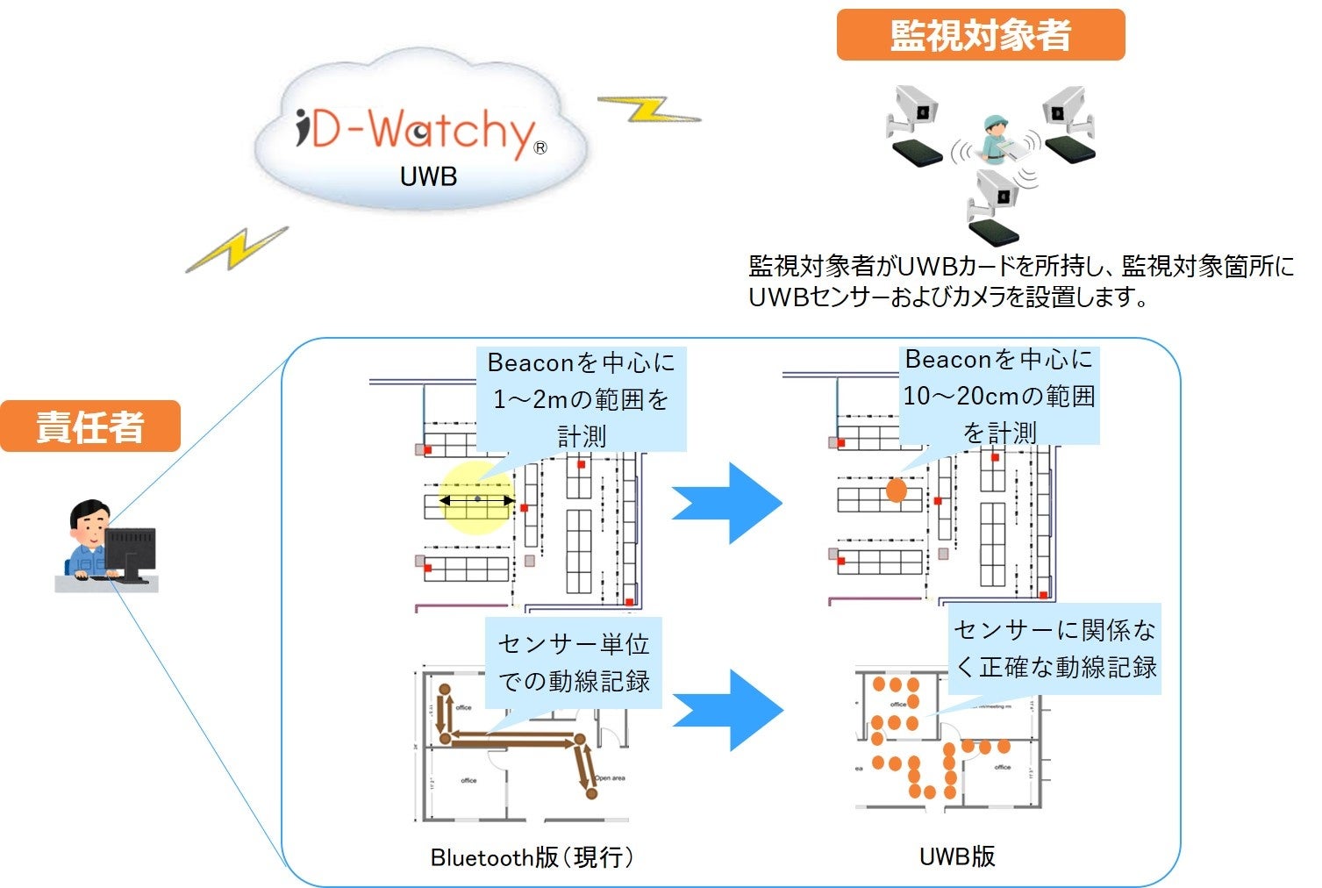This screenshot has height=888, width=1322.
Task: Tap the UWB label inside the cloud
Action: coord(428,176)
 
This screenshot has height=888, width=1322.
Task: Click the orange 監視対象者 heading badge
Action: coord(980,35)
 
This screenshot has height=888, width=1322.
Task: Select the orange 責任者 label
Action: coord(89,426)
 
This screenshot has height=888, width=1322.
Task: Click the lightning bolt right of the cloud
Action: coord(648,110)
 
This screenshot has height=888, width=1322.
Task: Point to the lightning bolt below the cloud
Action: coord(237,249)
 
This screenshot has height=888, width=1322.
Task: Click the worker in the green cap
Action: coord(995,139)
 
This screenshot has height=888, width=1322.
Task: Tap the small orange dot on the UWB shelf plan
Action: coord(896,490)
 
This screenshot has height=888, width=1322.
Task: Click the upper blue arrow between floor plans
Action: coord(726,503)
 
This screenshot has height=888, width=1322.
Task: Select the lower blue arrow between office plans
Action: coord(727,710)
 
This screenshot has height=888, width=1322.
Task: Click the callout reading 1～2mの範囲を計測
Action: coord(581,399)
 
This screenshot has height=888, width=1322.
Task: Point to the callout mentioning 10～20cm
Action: coord(999,396)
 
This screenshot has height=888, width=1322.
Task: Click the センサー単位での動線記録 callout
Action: coord(574,662)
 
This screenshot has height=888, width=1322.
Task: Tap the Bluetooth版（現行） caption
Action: coord(532,857)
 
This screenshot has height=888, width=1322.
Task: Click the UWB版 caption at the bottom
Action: coord(957,856)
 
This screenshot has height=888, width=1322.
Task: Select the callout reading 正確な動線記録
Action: coord(1054,648)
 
